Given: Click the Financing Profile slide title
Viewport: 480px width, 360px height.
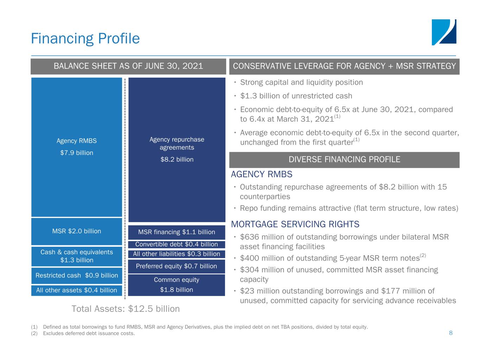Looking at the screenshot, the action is (x=85, y=39).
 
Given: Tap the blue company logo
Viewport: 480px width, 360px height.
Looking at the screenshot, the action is (x=444, y=32).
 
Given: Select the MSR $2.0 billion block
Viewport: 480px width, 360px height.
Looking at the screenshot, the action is (x=77, y=231).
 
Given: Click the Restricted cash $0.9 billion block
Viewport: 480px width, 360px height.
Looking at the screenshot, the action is (x=77, y=275).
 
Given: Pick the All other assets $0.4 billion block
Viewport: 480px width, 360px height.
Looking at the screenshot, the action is (x=77, y=290).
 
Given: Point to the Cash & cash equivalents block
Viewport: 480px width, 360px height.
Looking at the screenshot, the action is (x=77, y=256).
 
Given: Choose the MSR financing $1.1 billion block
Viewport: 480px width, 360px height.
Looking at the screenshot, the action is (x=177, y=232).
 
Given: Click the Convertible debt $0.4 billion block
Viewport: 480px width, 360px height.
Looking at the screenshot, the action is (x=177, y=244).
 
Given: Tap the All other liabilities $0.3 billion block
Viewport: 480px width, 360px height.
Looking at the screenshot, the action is (x=177, y=254).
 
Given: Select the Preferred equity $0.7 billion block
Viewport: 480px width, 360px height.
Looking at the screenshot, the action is (x=177, y=266).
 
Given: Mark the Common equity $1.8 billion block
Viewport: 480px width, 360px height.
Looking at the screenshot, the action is (x=177, y=285).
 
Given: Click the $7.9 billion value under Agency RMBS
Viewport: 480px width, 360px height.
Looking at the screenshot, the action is (x=77, y=153).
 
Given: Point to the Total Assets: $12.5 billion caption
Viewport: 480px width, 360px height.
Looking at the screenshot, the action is (x=126, y=309).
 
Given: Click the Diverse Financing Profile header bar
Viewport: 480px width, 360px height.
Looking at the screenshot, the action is (x=344, y=160).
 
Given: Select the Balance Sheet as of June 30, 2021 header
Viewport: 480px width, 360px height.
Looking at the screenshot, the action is (x=128, y=66).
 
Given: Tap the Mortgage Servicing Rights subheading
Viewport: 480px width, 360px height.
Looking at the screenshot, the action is (x=295, y=224).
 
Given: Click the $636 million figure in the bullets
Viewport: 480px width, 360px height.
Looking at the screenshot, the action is (x=260, y=237).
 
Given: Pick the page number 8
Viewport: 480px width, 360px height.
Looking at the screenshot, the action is (x=451, y=333).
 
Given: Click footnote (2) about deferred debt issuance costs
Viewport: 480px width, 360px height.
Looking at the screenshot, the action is (x=83, y=333).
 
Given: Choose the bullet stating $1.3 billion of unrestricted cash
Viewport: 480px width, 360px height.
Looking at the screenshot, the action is (x=296, y=96).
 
